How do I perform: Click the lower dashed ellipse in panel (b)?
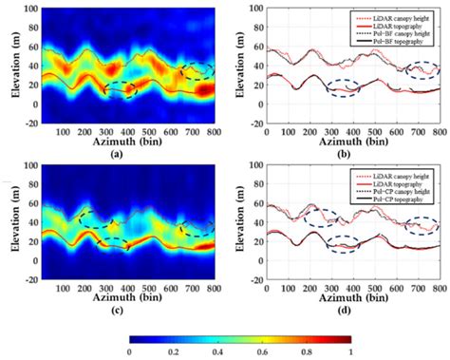tap(343, 88)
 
